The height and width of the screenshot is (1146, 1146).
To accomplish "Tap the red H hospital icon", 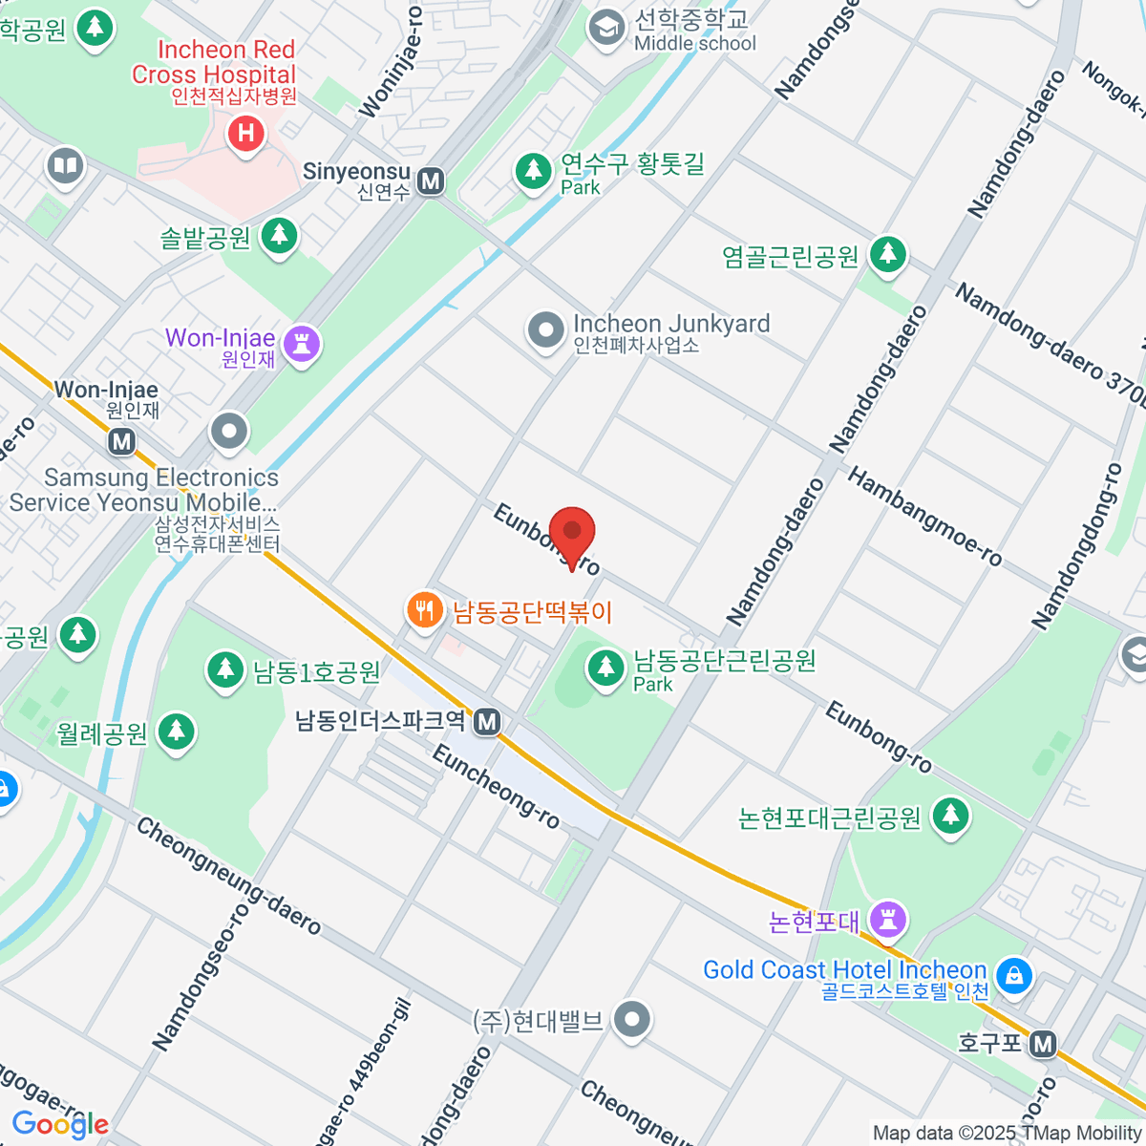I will click(245, 134).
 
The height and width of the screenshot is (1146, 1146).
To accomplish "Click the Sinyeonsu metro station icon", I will click(432, 180).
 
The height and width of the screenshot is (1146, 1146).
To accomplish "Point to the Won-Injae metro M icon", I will click(121, 441).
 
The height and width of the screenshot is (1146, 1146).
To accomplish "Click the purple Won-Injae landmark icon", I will click(302, 344).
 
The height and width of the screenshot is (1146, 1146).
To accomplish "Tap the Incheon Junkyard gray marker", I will click(546, 331).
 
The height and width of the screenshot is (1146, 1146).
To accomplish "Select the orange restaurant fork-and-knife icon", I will click(424, 609).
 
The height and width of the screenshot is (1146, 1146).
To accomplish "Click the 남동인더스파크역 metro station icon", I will click(488, 721).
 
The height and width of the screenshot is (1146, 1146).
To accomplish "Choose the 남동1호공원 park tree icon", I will click(225, 669).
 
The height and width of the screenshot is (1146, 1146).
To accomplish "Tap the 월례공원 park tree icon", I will click(175, 732).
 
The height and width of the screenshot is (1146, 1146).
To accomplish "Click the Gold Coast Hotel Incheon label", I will click(844, 970).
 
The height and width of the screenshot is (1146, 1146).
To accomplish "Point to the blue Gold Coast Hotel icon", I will click(1013, 975).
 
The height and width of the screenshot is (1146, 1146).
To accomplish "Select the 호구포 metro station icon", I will click(1043, 1044).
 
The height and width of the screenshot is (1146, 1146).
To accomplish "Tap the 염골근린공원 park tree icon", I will click(888, 254).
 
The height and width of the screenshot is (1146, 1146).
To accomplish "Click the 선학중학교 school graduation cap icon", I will click(605, 28).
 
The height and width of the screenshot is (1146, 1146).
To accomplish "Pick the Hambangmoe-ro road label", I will click(924, 517).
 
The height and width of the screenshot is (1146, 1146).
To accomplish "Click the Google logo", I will click(59, 1124).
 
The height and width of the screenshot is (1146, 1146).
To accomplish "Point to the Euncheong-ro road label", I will click(496, 786).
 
